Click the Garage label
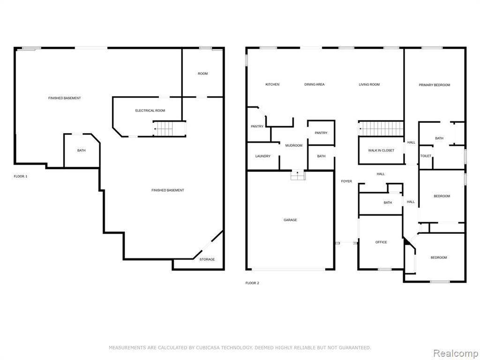pyautogui.click(x=290, y=220)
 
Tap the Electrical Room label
pyautogui.click(x=150, y=111)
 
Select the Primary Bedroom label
pyautogui.click(x=435, y=85)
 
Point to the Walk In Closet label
pyautogui.click(x=381, y=150)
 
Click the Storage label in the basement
pyautogui.click(x=207, y=259)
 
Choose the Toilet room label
pyautogui.click(x=426, y=156)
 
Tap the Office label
pyautogui.click(x=381, y=242)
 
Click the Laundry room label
pyautogui.click(x=262, y=156)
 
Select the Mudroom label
pyautogui.click(x=293, y=145)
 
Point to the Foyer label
pyautogui.click(x=346, y=181)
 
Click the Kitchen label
pyautogui.click(x=272, y=84)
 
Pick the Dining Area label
pyautogui.click(x=315, y=84)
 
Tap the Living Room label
pyautogui.click(x=369, y=84)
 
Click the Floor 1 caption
pyautogui.click(x=21, y=176)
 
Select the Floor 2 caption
pyautogui.click(x=252, y=283)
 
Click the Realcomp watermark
pyautogui.click(x=454, y=353)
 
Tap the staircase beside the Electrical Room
pyautogui.click(x=163, y=128)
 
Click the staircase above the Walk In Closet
pyautogui.click(x=381, y=128)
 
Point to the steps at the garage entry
pyautogui.click(x=298, y=175)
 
